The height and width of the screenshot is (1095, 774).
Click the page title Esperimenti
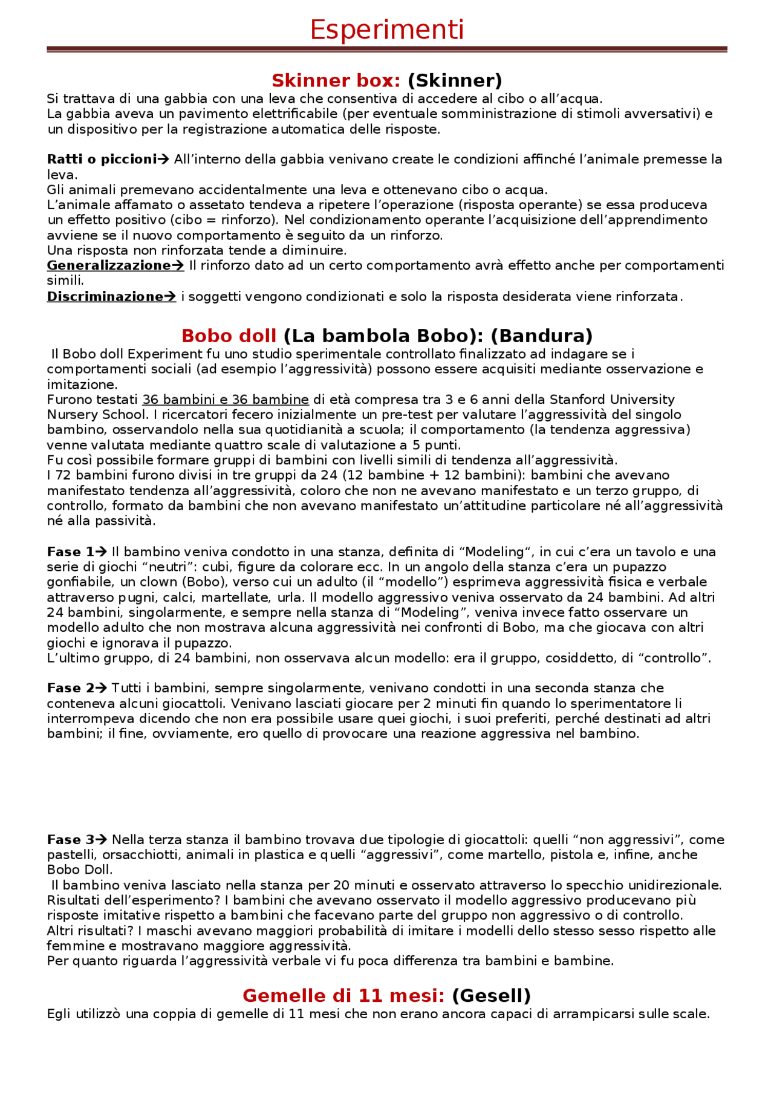(x=386, y=30)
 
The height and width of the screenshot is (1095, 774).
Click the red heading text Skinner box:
(x=336, y=80)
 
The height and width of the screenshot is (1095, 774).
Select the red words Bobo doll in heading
(x=229, y=336)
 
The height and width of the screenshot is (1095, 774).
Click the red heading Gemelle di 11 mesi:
(x=343, y=995)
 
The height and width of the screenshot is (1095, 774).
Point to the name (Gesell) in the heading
(x=491, y=995)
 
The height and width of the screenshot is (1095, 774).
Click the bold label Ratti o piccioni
(x=102, y=160)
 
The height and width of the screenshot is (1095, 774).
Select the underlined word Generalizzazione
(x=109, y=265)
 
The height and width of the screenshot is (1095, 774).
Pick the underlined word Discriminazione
(x=105, y=296)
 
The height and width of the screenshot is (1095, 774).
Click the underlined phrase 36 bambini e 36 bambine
(x=226, y=400)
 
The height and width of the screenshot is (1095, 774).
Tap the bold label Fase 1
(x=71, y=552)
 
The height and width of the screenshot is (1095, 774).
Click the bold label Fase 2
(x=71, y=688)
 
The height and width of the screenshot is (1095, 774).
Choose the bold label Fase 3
(x=71, y=840)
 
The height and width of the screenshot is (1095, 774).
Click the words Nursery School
(x=97, y=415)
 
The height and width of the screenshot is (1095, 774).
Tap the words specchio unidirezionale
(x=666, y=885)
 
